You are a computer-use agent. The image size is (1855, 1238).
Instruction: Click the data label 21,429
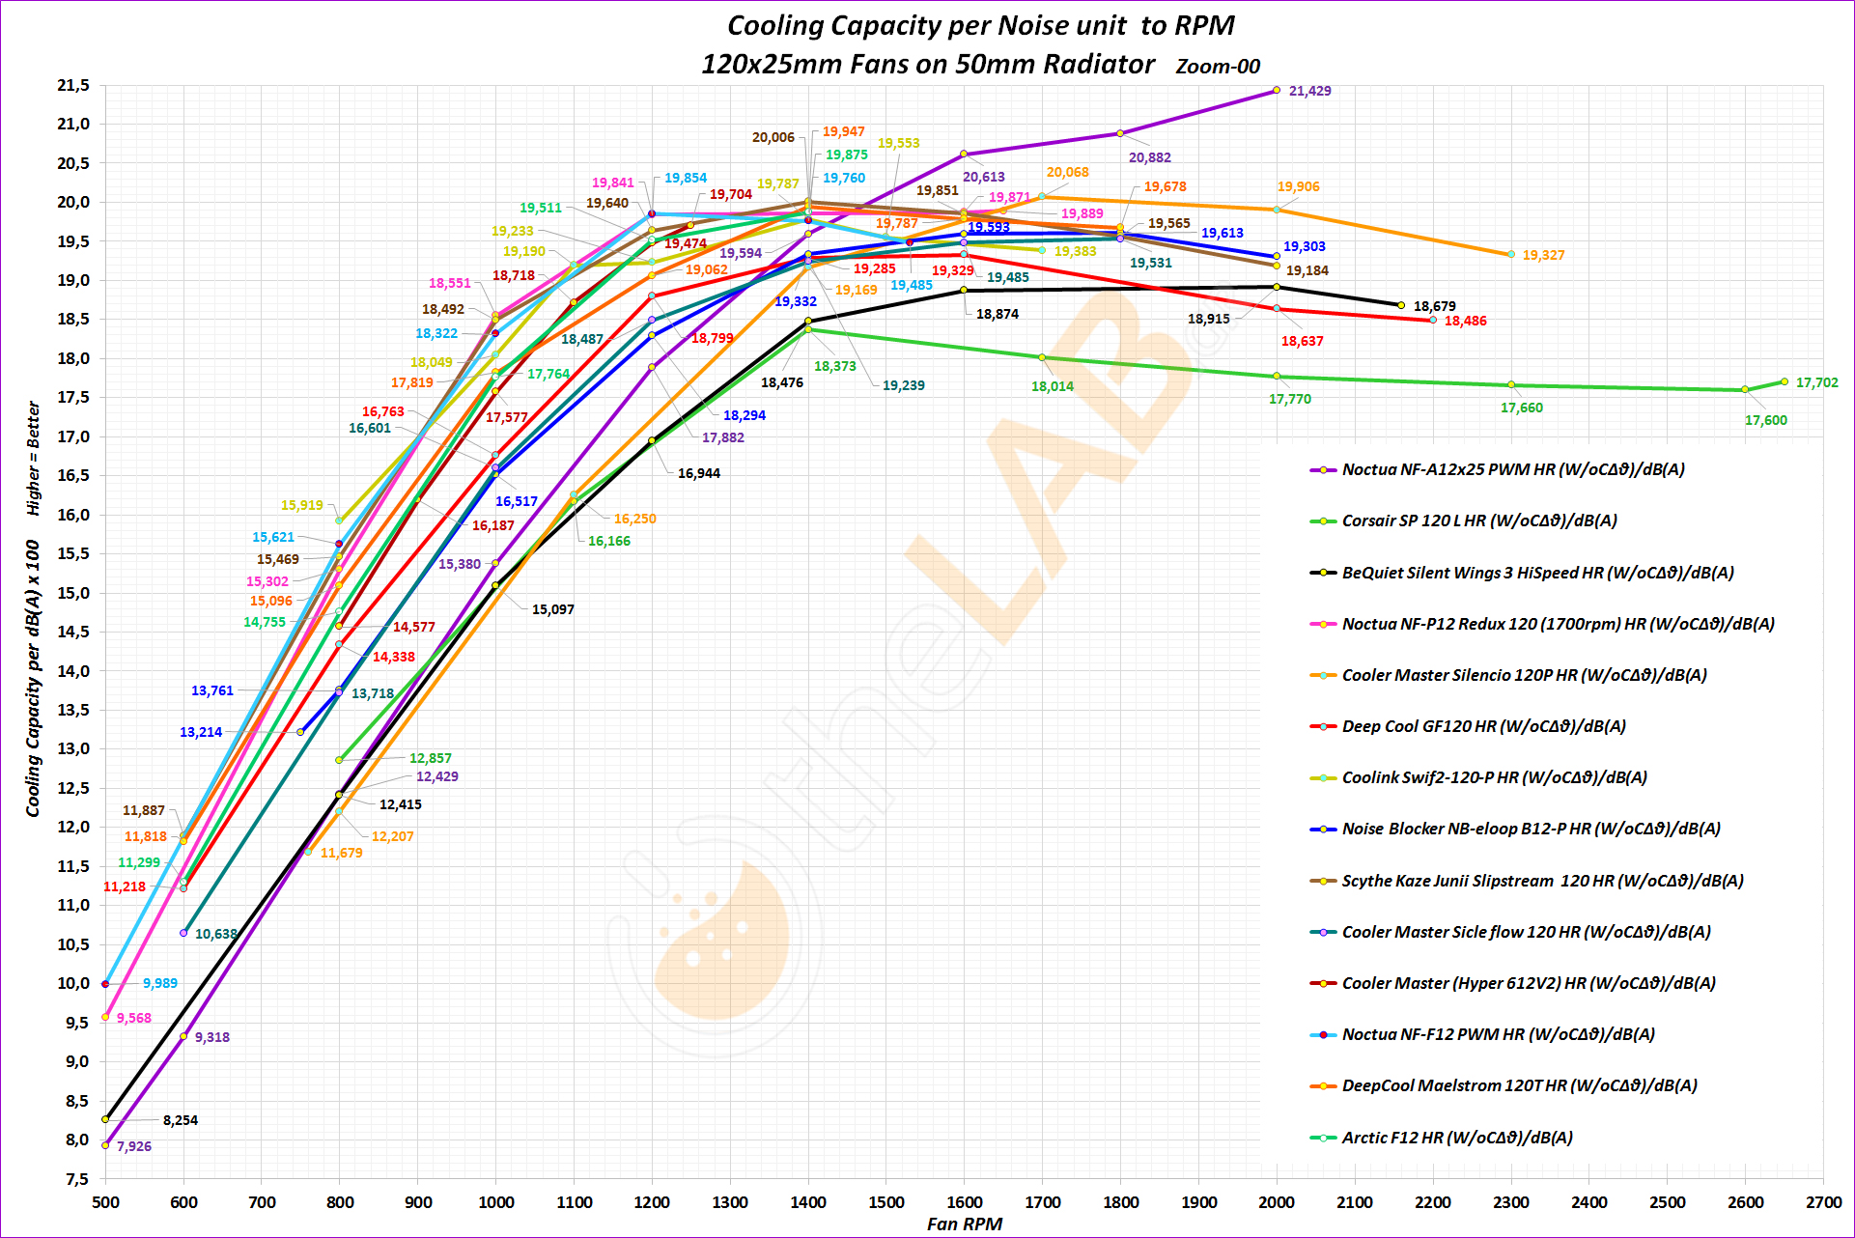[x=1309, y=91]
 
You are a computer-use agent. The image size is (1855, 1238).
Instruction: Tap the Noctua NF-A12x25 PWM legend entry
[x=1512, y=469]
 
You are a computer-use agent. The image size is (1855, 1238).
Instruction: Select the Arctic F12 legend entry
[x=1456, y=1138]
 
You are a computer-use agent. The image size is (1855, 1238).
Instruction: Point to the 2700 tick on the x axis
[x=1823, y=1202]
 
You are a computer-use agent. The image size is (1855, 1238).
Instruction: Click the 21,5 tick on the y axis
[x=73, y=86]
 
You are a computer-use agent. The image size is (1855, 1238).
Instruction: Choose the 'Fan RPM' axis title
[x=964, y=1224]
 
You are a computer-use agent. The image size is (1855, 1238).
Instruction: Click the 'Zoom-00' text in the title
[x=1218, y=67]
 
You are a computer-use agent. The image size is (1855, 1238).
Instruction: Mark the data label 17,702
[x=1816, y=383]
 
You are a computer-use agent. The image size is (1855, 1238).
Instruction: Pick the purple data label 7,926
[x=134, y=1146]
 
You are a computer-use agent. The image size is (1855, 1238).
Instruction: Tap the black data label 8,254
[x=181, y=1120]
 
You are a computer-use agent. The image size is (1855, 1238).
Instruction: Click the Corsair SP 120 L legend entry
[x=1478, y=521]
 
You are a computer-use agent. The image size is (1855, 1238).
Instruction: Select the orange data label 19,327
[x=1543, y=255]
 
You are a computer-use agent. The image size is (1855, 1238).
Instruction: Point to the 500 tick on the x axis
[x=105, y=1202]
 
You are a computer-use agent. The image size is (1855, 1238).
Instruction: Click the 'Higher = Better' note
[x=34, y=458]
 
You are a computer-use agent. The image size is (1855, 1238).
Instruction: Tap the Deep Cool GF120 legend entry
[x=1483, y=726]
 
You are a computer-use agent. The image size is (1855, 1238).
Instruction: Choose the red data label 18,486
[x=1465, y=321]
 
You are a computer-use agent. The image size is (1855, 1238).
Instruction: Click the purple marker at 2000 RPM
[x=1277, y=90]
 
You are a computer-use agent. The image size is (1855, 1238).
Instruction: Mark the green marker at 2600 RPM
[x=1745, y=389]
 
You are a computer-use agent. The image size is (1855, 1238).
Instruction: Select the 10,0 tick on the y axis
[x=73, y=983]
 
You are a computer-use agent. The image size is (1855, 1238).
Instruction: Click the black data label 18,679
[x=1434, y=306]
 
